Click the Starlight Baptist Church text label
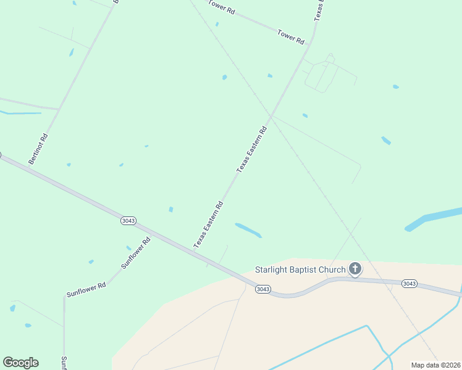coord(300,269)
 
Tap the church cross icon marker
coord(355,268)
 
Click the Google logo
coord(20,363)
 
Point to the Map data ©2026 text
coord(436,365)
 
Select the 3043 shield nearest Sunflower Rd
coord(128,221)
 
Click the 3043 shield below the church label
coord(263,289)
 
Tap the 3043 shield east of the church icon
coord(409,284)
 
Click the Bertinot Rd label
coord(38,149)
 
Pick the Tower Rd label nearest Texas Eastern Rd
coord(291,36)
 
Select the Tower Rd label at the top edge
coord(222,7)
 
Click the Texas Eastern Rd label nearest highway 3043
coord(208,225)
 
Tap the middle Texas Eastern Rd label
coord(252,149)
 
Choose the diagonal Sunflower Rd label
coord(136,253)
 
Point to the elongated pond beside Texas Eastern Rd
coord(248,230)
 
